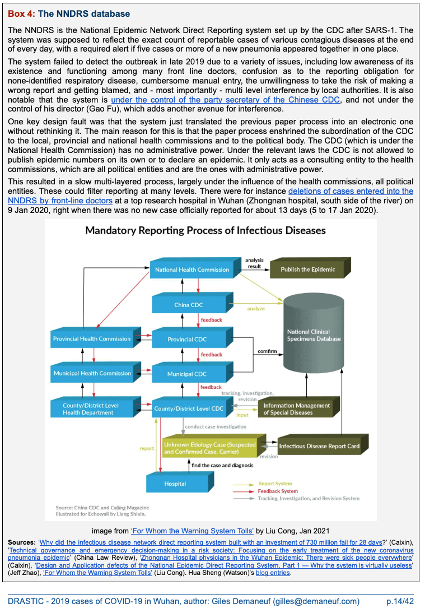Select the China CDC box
coord(189,305)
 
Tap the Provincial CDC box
coord(187,339)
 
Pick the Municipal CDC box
coord(187,374)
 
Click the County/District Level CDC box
coord(189,408)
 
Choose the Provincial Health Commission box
coord(91,338)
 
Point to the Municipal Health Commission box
coord(91,373)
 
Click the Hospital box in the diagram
coord(175,483)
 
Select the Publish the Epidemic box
coord(308,270)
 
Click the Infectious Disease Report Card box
coord(319,446)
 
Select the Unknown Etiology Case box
coord(209,448)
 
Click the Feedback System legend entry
coord(278,491)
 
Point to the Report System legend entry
coord(275,484)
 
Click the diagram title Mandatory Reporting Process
coord(206,230)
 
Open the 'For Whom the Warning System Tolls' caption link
coord(192,531)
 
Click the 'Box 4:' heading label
coord(21,13)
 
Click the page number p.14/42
coord(400,601)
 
